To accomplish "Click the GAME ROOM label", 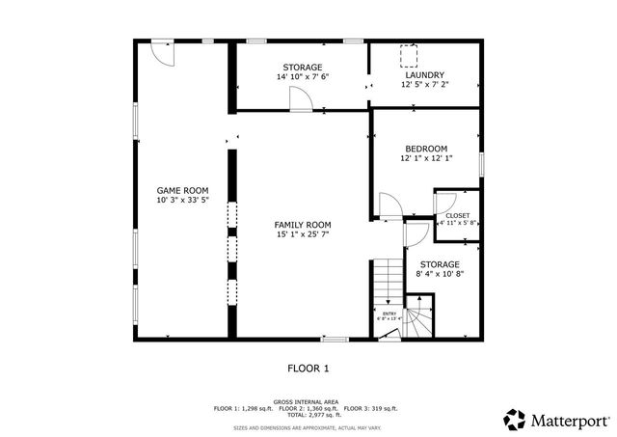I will pyautogui.click(x=182, y=191).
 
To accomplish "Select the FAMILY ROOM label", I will pyautogui.click(x=303, y=224).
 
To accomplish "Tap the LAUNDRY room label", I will pyautogui.click(x=424, y=74).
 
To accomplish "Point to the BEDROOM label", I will pyautogui.click(x=425, y=149).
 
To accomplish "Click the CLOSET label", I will pyautogui.click(x=458, y=215).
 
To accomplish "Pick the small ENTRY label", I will pyautogui.click(x=389, y=313).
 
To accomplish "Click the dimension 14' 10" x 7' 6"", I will pyautogui.click(x=303, y=77).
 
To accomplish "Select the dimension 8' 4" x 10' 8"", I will pyautogui.click(x=439, y=273).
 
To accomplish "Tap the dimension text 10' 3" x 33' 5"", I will pyautogui.click(x=182, y=201).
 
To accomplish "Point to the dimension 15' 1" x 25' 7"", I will pyautogui.click(x=303, y=233).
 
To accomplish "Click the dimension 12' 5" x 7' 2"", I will pyautogui.click(x=424, y=84).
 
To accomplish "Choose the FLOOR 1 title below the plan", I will pyautogui.click(x=308, y=368).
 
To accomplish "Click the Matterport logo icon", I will pyautogui.click(x=515, y=419).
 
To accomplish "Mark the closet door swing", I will pyautogui.click(x=445, y=203).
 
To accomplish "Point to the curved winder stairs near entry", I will pyautogui.click(x=418, y=317).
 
